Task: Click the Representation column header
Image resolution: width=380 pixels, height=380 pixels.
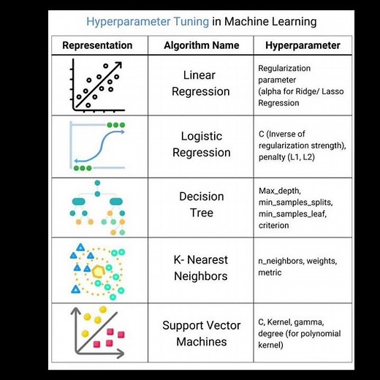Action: [x=97, y=45]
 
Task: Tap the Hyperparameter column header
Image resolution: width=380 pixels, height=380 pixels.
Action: [x=303, y=45]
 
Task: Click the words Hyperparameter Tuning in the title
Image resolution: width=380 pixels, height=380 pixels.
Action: [x=148, y=21]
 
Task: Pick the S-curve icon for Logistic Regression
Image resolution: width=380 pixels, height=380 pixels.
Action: [x=97, y=144]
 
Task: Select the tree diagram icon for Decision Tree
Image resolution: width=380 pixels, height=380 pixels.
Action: [x=97, y=205]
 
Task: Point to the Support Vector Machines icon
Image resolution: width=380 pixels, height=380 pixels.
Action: [x=97, y=333]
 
